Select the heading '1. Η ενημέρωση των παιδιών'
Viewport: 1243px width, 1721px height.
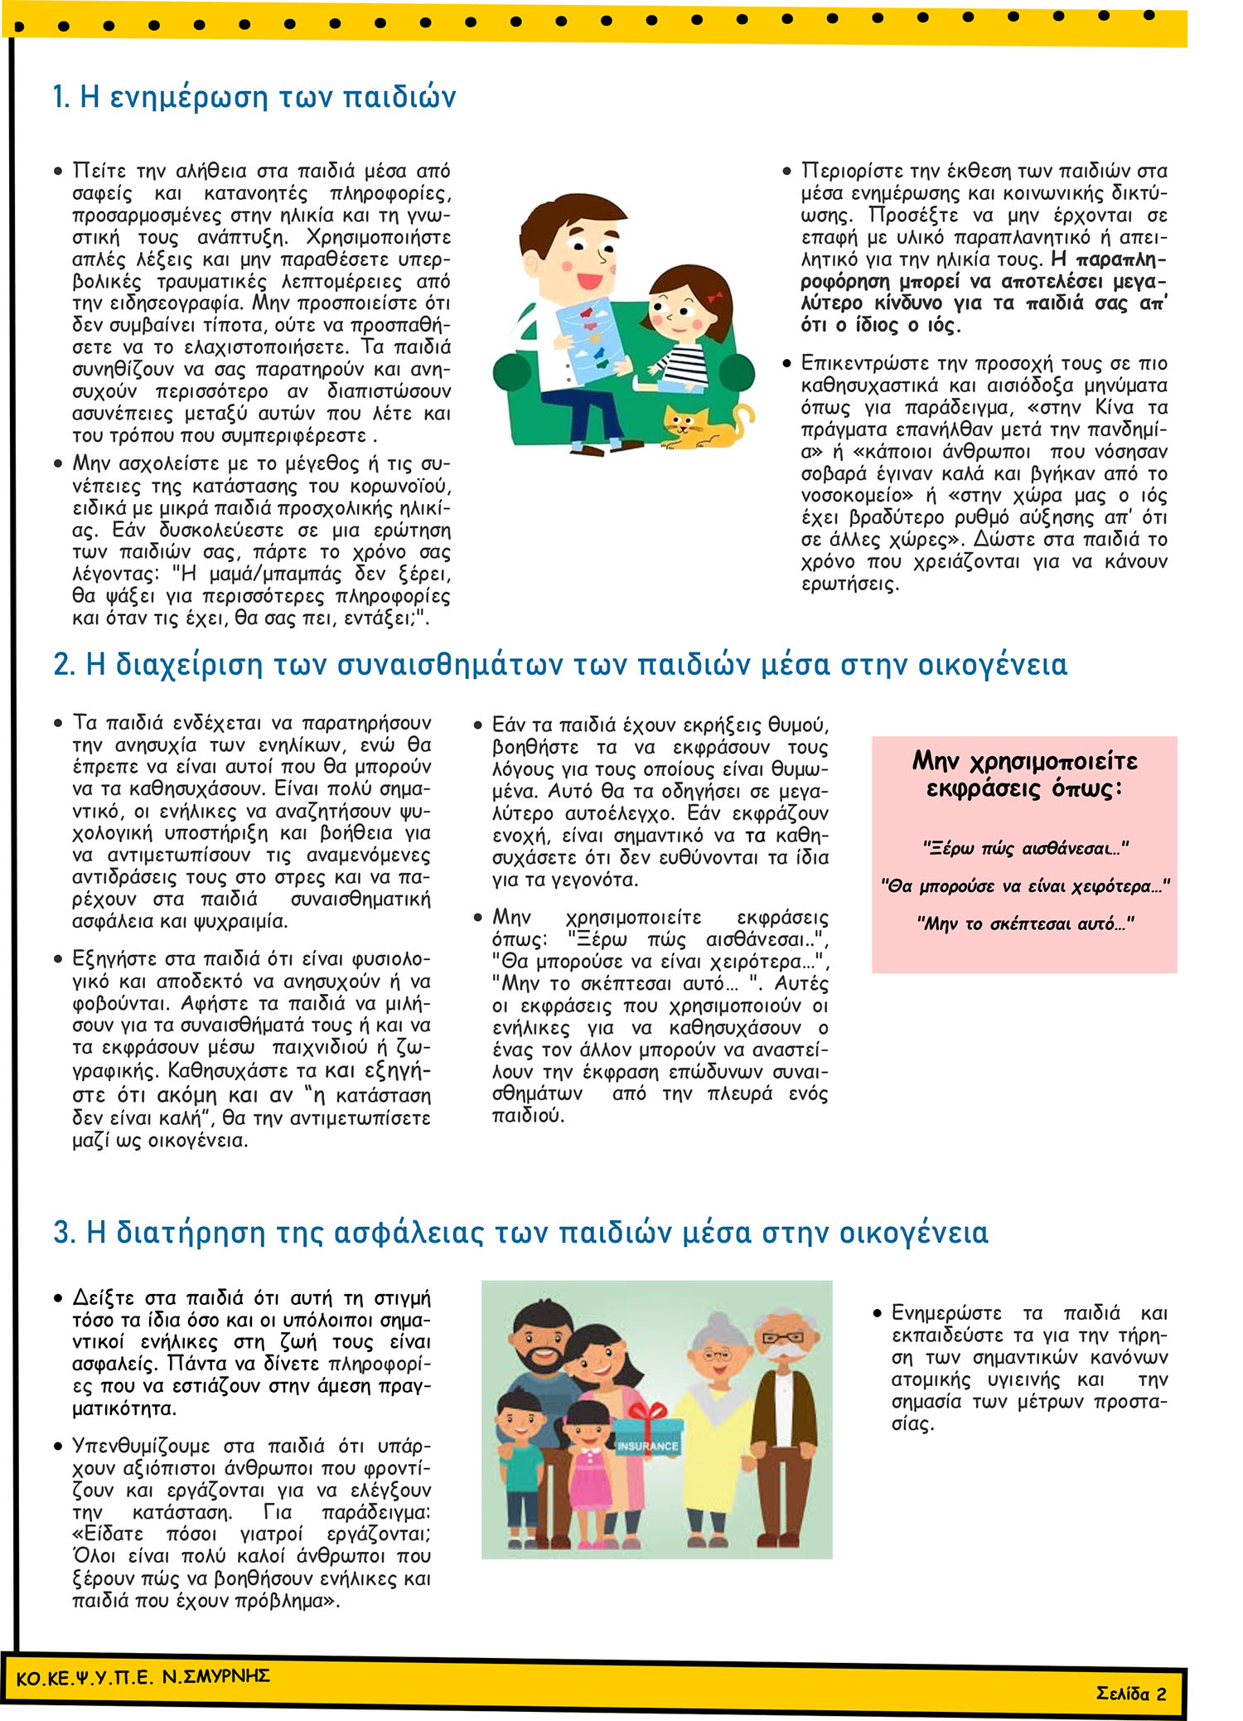pyautogui.click(x=254, y=98)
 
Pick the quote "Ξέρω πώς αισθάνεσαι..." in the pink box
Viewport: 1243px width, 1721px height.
pyautogui.click(x=1025, y=849)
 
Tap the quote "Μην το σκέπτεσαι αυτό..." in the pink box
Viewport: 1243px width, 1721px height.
pyautogui.click(x=1025, y=924)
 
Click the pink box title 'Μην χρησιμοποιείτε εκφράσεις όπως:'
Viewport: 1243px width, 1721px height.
pyautogui.click(x=1025, y=773)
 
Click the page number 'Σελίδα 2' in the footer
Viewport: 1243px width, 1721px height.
pyautogui.click(x=1130, y=1693)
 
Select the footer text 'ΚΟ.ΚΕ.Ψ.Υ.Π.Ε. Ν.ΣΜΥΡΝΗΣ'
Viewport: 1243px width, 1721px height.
pyautogui.click(x=143, y=1678)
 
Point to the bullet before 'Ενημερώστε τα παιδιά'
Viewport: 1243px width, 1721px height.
pyautogui.click(x=878, y=1314)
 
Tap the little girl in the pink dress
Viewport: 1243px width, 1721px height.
pyautogui.click(x=587, y=1467)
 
